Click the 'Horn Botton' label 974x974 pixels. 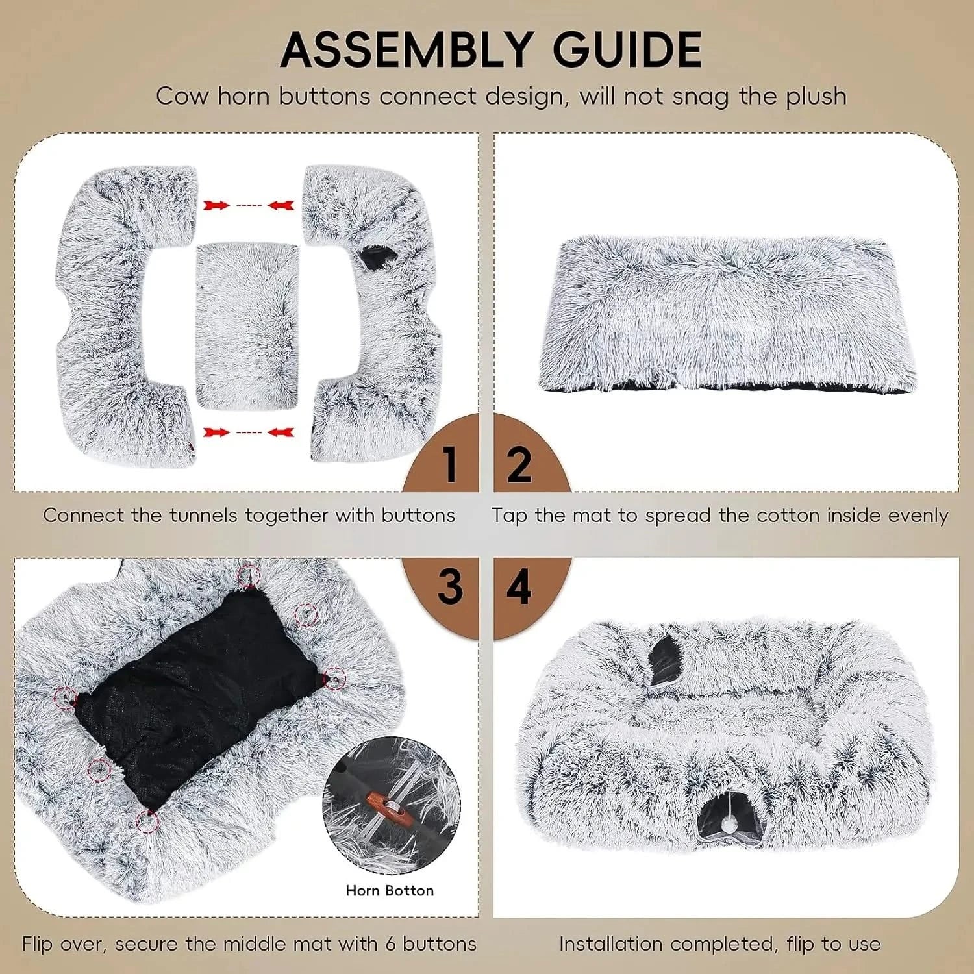click(x=390, y=890)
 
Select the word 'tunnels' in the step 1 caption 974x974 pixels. click(x=205, y=516)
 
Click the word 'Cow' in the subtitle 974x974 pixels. click(x=182, y=96)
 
